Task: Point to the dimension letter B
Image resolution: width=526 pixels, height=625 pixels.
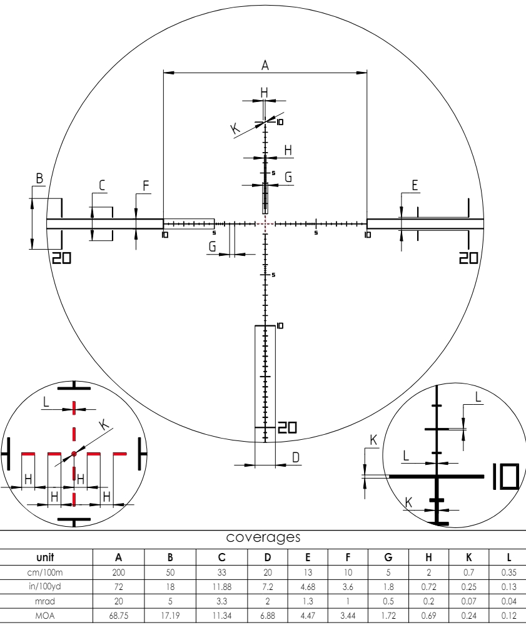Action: [39, 179]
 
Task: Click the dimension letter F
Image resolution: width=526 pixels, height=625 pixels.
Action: [146, 185]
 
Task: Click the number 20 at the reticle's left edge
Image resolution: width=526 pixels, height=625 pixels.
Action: [61, 258]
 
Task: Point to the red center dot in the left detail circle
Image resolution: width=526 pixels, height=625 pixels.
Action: [74, 453]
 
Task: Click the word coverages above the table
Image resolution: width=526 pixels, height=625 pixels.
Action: [263, 538]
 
